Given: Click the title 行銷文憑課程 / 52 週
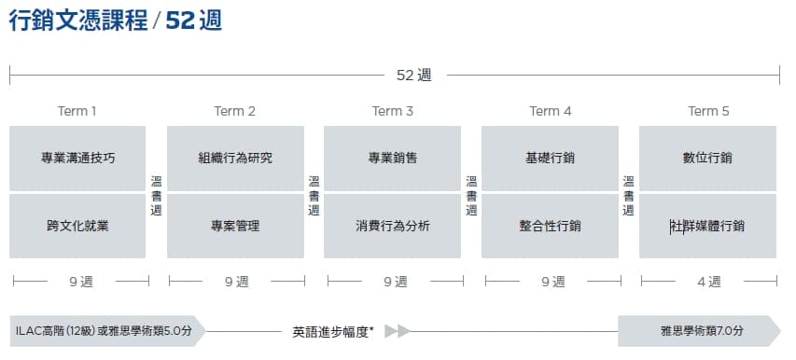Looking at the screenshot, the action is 116,21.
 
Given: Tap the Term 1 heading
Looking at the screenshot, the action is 77,111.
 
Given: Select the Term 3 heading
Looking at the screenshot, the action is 393,111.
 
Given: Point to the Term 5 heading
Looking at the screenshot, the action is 708,111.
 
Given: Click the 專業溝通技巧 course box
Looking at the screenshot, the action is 77,159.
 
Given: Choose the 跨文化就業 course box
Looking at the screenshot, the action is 77,226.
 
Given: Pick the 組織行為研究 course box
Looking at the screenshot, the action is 235,159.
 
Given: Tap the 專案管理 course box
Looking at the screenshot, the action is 235,226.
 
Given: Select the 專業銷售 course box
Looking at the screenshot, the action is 393,159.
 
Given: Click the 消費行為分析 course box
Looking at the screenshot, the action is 393,226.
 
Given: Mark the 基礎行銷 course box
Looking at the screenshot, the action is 550,159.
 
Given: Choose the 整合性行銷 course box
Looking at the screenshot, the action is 550,226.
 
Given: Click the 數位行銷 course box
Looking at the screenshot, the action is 707,159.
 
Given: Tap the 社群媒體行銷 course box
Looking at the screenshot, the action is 707,226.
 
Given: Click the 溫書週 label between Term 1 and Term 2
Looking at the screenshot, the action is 157,196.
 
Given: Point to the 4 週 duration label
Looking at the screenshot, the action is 709,282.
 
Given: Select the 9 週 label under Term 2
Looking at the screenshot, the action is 237,282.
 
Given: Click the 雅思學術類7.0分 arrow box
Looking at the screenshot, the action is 699,331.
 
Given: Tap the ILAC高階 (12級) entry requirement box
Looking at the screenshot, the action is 107,331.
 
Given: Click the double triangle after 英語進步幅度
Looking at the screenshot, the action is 398,331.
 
